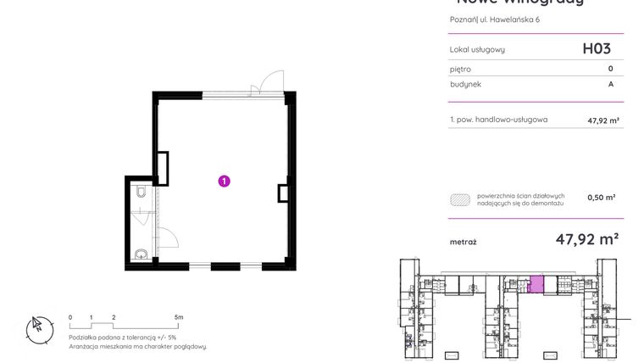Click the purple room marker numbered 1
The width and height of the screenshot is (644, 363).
[x=224, y=180]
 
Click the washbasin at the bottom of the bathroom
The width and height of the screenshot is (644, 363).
[x=141, y=254]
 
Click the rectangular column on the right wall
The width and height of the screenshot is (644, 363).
[x=283, y=193]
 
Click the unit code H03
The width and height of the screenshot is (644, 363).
[x=596, y=48]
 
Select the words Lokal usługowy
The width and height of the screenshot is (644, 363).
[x=477, y=49]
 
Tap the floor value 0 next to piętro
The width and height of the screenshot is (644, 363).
[x=610, y=69]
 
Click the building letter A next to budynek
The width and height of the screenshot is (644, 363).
[x=610, y=84]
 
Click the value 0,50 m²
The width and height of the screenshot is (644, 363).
[x=601, y=197]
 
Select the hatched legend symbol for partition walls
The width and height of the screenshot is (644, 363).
[x=460, y=200]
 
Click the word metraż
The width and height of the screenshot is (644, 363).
[x=463, y=242]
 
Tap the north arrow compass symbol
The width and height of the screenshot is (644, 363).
[x=38, y=327]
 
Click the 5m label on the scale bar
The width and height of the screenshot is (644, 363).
[x=178, y=316]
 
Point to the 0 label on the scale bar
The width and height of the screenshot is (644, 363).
[x=70, y=316]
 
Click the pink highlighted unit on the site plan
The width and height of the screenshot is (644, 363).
[x=536, y=284]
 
